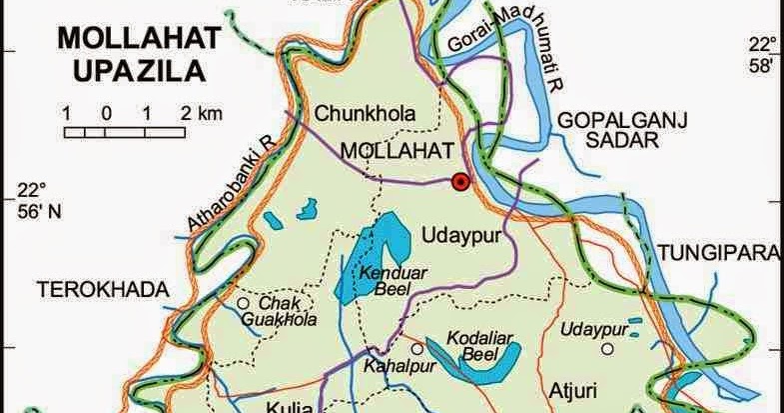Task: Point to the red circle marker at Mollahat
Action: (x=459, y=182)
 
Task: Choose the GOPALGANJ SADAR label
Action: (x=608, y=130)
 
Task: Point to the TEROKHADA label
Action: (x=100, y=289)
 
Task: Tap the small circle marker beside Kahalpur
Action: (x=416, y=349)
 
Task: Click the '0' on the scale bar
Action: (x=106, y=113)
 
